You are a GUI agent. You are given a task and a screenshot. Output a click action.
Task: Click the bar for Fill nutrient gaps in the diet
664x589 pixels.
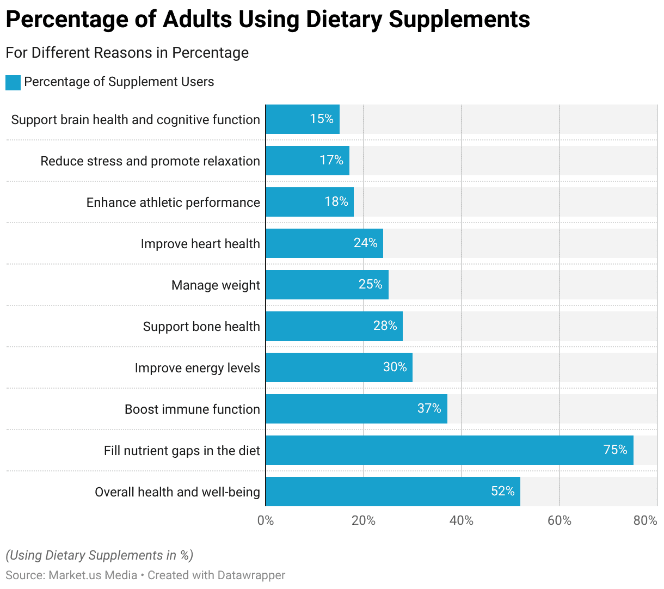[449, 450]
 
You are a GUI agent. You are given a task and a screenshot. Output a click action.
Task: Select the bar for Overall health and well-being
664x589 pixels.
[392, 492]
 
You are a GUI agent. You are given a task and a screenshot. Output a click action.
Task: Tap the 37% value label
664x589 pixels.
[429, 408]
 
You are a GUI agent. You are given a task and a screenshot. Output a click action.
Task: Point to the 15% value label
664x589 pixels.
[321, 119]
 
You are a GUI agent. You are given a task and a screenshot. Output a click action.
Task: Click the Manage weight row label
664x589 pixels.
[216, 285]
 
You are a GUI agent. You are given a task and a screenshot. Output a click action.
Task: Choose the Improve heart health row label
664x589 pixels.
[200, 244]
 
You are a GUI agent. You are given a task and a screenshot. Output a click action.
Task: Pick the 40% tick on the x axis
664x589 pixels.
[461, 521]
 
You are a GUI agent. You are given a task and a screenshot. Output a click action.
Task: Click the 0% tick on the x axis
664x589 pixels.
[266, 521]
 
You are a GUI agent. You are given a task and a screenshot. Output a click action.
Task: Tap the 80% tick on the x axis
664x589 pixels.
[645, 521]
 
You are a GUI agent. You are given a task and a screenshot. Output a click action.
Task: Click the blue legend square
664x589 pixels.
[13, 83]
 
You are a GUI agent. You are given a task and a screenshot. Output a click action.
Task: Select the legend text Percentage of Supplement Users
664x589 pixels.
[119, 82]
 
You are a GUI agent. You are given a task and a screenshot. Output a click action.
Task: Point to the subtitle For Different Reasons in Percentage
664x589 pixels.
[127, 53]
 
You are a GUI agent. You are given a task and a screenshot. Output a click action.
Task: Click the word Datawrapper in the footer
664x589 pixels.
[251, 575]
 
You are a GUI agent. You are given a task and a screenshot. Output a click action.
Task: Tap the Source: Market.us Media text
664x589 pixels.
[71, 575]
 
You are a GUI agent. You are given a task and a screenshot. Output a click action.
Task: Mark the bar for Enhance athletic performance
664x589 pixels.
[309, 202]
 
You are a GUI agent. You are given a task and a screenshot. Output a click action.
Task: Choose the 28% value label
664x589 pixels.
[385, 326]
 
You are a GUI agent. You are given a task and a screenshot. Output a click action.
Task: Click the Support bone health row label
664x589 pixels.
[201, 327]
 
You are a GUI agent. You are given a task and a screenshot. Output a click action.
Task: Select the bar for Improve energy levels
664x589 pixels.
[339, 367]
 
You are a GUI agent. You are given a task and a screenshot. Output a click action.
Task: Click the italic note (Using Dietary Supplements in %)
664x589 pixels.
[100, 555]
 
